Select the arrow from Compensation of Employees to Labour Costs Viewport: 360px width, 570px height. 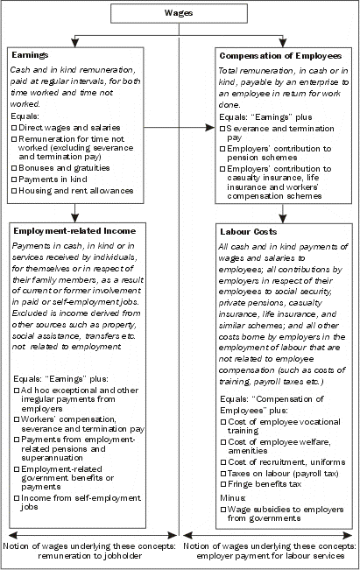[x=282, y=213]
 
